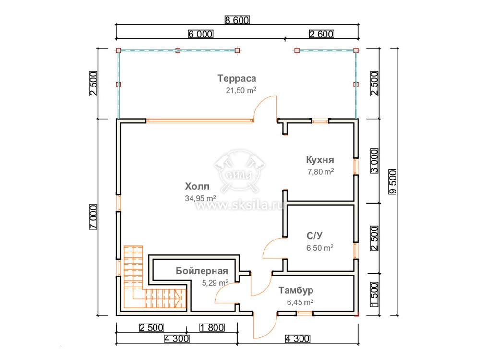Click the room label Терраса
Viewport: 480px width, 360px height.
pos(237,78)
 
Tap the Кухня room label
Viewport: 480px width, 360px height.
pos(320,160)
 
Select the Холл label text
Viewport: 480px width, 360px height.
pos(197,186)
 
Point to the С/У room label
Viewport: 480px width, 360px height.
pos(314,235)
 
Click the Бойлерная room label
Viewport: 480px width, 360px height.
pos(202,271)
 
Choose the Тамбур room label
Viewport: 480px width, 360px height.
pos(296,290)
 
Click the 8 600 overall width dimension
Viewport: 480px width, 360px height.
pos(237,20)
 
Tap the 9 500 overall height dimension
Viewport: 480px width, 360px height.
pos(393,182)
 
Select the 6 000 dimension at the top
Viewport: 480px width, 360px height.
pos(201,34)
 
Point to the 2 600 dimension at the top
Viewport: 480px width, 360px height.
pos(322,34)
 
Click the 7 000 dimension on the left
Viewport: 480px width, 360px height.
pos(94,217)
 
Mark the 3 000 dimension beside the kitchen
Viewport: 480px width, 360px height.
pos(374,161)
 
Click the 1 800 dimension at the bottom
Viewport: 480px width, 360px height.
pos(212,328)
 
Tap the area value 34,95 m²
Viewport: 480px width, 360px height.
pos(200,198)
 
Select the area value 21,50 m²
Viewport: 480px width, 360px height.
pos(241,90)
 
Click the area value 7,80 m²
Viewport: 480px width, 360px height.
pos(321,172)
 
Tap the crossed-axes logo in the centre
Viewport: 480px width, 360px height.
pos(240,171)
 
